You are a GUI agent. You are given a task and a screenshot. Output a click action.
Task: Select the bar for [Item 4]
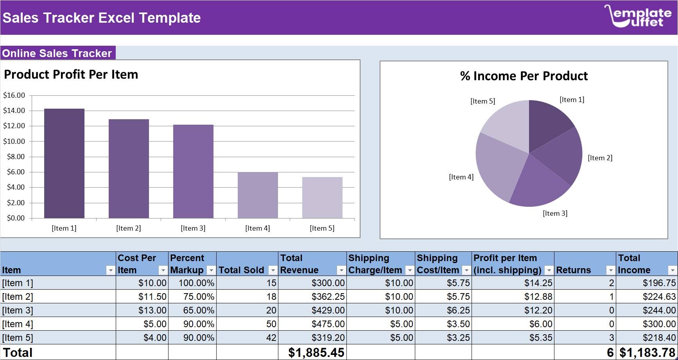(258, 195)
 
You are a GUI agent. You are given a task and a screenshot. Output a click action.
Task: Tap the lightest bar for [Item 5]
(322, 197)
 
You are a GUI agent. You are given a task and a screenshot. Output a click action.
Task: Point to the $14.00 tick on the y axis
(14, 111)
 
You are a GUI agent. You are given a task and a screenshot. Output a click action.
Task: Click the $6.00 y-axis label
(16, 172)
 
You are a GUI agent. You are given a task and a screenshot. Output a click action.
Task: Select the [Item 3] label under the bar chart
(193, 228)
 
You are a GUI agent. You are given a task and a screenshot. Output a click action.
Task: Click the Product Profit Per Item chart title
(71, 74)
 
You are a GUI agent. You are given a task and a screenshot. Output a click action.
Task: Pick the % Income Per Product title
(524, 76)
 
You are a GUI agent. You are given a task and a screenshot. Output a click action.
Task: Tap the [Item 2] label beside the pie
(600, 158)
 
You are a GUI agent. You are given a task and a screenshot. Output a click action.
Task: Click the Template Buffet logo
(637, 16)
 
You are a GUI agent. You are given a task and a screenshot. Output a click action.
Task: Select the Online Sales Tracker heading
(57, 53)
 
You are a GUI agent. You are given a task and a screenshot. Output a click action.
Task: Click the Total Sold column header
(242, 270)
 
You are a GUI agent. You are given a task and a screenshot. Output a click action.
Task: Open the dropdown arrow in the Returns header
(610, 270)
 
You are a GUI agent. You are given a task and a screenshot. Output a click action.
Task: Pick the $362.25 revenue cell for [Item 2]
(328, 297)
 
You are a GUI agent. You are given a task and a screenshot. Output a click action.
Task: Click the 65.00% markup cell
(199, 310)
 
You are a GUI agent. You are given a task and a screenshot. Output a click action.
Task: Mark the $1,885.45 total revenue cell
(316, 353)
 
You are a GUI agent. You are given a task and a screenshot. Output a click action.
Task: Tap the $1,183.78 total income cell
(647, 353)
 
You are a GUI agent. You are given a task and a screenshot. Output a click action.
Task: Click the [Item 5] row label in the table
(18, 338)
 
